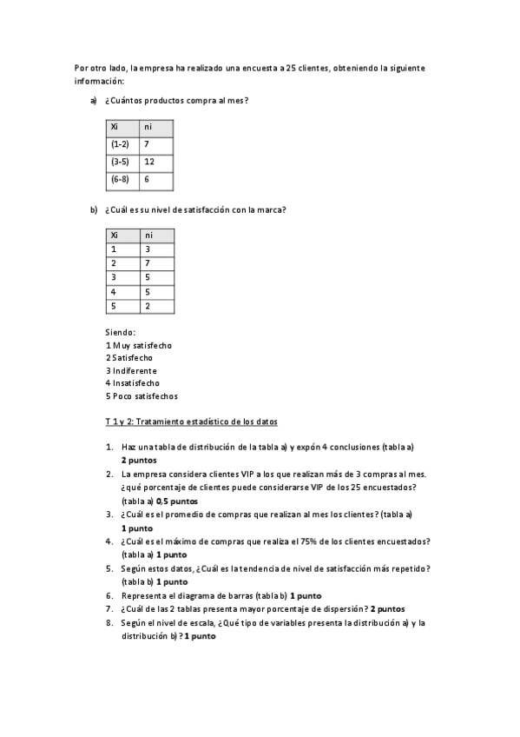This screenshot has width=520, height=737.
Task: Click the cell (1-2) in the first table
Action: pos(120,143)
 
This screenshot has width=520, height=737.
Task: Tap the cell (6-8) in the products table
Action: pos(120,179)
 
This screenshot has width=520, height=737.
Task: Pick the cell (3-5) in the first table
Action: pos(120,162)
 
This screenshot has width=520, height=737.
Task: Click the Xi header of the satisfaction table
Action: pos(115,235)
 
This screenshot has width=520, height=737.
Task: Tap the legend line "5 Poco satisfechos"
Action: pos(142,395)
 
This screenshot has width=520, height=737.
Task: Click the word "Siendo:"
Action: pos(120,332)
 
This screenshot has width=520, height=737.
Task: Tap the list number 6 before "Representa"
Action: pos(109,595)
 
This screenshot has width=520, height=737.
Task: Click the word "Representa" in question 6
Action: pos(143,595)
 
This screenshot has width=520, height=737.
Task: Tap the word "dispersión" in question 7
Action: pos(342,609)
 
